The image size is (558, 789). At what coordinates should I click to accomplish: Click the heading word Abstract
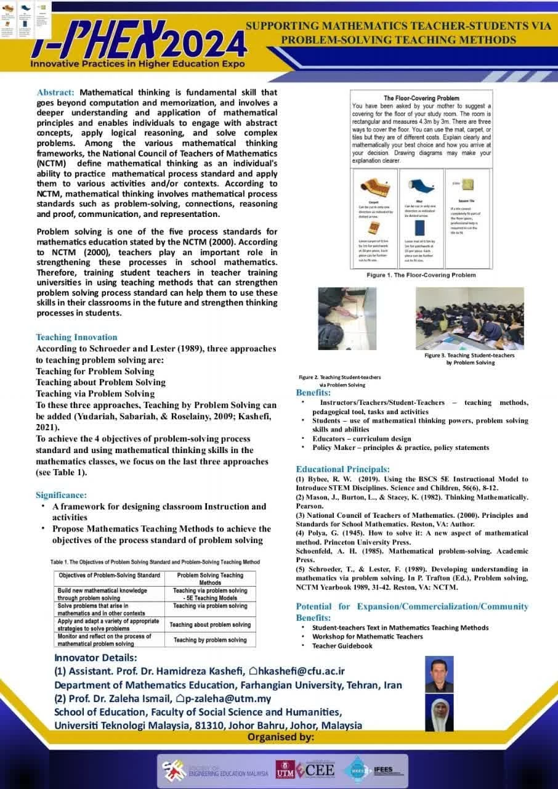pos(55,92)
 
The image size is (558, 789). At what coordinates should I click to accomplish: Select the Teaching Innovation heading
pos(76,337)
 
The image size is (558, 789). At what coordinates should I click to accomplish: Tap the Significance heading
pos(61,495)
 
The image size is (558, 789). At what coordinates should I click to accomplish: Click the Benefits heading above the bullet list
pos(313,393)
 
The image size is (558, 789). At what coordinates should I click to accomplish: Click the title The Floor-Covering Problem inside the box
pos(421,98)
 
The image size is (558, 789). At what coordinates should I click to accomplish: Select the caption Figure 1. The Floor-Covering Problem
pos(421,275)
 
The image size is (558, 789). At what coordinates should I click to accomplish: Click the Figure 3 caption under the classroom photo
pos(469,359)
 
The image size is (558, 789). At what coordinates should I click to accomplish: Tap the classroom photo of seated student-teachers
pos(469,318)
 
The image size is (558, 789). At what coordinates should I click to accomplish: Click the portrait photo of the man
pos(439,675)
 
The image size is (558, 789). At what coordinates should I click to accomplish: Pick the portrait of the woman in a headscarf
pos(439,714)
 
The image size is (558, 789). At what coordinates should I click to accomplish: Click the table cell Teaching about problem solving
pos(210,624)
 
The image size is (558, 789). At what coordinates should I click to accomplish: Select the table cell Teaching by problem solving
pos(210,640)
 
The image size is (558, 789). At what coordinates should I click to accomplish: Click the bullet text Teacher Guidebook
pos(342,645)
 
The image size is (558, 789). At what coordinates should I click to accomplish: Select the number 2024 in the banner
pos(206,44)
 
